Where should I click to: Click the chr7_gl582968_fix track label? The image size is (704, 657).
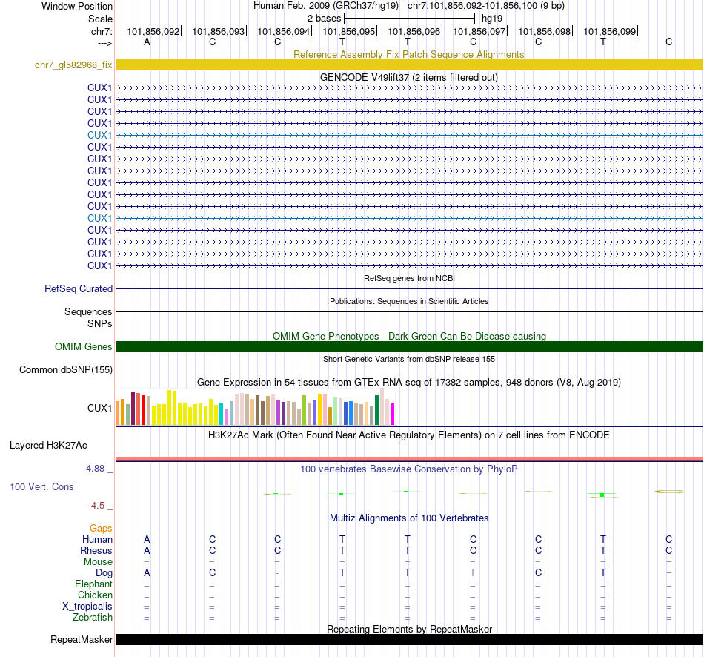[x=73, y=65]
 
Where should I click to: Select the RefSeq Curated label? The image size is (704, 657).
[x=79, y=289]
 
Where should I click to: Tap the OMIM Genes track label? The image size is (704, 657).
[x=84, y=347]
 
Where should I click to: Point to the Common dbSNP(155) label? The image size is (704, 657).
[x=66, y=370]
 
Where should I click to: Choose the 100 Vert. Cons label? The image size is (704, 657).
[x=41, y=487]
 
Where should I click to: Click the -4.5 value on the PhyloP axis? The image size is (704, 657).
[x=96, y=506]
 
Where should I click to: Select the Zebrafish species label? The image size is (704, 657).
[x=93, y=618]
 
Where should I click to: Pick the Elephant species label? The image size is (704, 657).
[x=94, y=584]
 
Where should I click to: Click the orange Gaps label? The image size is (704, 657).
[x=101, y=528]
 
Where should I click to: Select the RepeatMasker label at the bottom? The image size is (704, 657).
[x=82, y=640]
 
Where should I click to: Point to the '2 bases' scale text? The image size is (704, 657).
[x=324, y=18]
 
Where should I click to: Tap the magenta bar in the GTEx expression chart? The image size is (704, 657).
[x=393, y=414]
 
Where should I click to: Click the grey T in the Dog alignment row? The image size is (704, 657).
[x=473, y=573]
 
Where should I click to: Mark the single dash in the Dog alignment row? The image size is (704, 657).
[x=277, y=573]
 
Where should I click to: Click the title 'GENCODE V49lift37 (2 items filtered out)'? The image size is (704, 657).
[x=408, y=77]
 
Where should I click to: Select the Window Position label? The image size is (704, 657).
[x=77, y=6]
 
